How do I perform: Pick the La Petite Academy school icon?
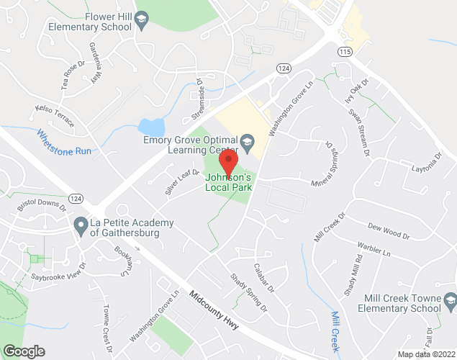coord(80,225)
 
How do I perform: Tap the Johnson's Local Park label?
coord(229,181)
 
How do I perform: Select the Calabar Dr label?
coord(263,277)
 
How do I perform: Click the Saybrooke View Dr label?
coord(58,270)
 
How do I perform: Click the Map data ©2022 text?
coord(426,354)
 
